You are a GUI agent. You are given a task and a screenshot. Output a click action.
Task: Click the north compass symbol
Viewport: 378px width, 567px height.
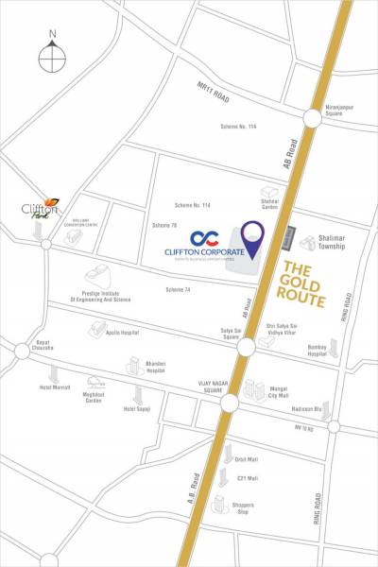[x=53, y=55]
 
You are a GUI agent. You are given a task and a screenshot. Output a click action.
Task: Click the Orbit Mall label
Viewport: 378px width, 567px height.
[x=248, y=459]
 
